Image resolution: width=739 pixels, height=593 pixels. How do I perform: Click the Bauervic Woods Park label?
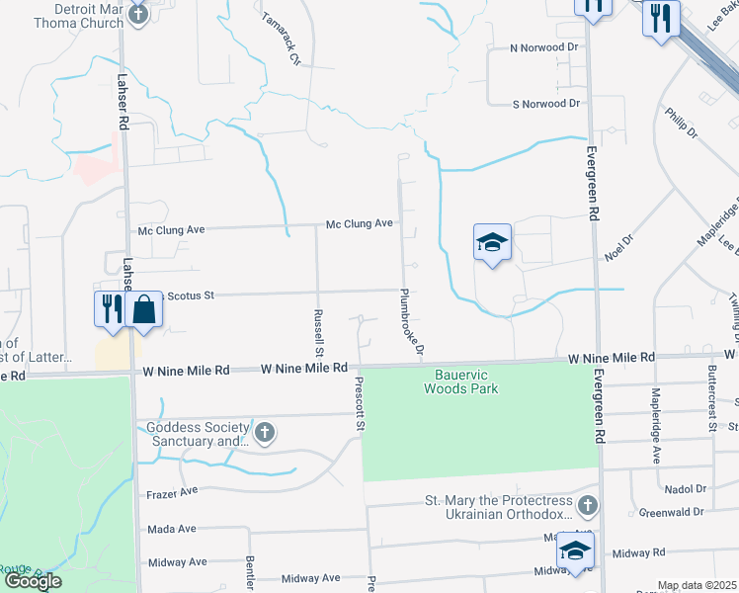[461, 381]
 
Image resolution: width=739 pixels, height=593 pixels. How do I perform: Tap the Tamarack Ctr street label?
[280, 39]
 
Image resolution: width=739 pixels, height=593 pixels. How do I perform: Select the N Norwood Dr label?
[543, 47]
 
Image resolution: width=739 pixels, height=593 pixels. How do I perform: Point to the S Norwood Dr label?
[545, 104]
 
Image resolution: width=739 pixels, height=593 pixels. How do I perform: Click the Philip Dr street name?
[681, 124]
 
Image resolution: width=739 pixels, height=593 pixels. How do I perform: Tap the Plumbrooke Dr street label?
[412, 321]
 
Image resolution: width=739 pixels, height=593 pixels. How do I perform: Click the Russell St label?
[319, 332]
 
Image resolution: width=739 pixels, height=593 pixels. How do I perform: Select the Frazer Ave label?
[172, 490]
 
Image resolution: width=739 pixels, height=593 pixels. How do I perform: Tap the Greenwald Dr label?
[671, 512]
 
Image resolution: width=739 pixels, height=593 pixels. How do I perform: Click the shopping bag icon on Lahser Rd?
[143, 308]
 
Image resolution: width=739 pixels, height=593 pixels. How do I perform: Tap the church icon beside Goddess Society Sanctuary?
[264, 432]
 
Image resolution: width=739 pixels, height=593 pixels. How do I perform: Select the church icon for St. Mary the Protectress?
[587, 506]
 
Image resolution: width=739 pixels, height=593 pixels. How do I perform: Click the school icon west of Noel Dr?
[492, 242]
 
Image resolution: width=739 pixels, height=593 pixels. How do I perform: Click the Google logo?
[33, 581]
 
